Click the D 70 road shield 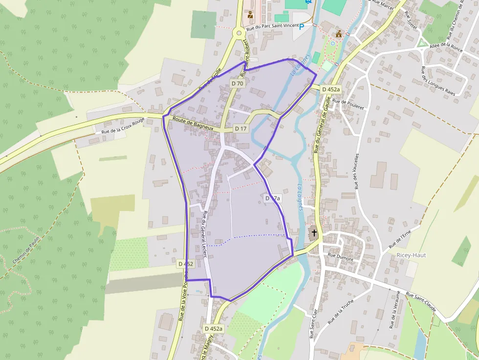237,84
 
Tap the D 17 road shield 241,128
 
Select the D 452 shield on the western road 186,264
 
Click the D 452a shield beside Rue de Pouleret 331,89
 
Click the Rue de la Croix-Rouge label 123,126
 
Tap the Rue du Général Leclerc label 204,233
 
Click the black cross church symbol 314,233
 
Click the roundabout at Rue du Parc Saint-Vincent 239,33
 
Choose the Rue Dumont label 340,255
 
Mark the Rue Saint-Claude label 421,303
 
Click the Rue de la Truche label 341,313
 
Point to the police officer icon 251,15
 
